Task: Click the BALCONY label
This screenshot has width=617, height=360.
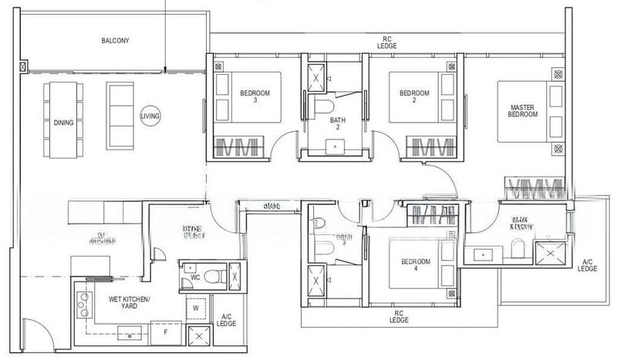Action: pyautogui.click(x=115, y=40)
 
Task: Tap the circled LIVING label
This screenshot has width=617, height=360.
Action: pyautogui.click(x=150, y=116)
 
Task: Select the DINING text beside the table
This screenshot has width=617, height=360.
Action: pyautogui.click(x=62, y=122)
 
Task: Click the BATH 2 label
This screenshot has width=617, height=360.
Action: pyautogui.click(x=338, y=125)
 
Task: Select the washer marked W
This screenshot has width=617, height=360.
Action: pyautogui.click(x=195, y=307)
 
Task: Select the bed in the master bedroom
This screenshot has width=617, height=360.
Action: pyautogui.click(x=531, y=110)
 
